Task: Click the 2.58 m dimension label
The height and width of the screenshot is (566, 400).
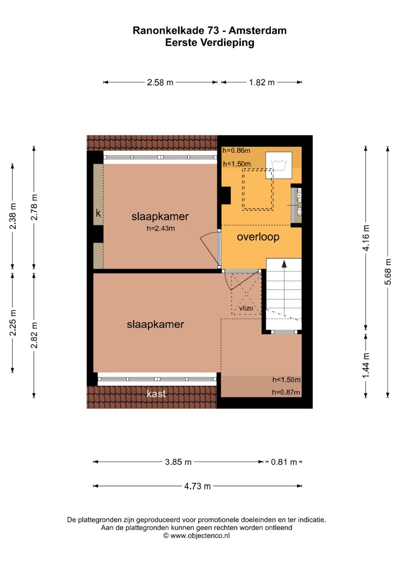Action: pos(160,82)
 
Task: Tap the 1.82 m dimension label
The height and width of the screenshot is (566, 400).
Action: pos(261,82)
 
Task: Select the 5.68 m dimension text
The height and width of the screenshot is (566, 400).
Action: pos(388,272)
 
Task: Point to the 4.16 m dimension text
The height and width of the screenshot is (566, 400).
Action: pos(366,238)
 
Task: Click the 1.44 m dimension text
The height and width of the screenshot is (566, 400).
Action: pos(366,365)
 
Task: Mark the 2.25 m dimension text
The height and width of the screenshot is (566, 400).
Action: pos(13,322)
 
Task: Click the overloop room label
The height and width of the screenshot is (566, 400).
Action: pos(258,237)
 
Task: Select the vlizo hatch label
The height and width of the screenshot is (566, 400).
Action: pos(246,308)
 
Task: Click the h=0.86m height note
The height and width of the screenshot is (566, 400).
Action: pos(236,150)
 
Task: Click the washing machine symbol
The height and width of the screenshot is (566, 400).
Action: pos(279,165)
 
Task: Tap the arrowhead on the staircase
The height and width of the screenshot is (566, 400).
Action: pos(284,264)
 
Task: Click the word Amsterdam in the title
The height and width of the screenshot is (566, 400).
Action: pos(257,30)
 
